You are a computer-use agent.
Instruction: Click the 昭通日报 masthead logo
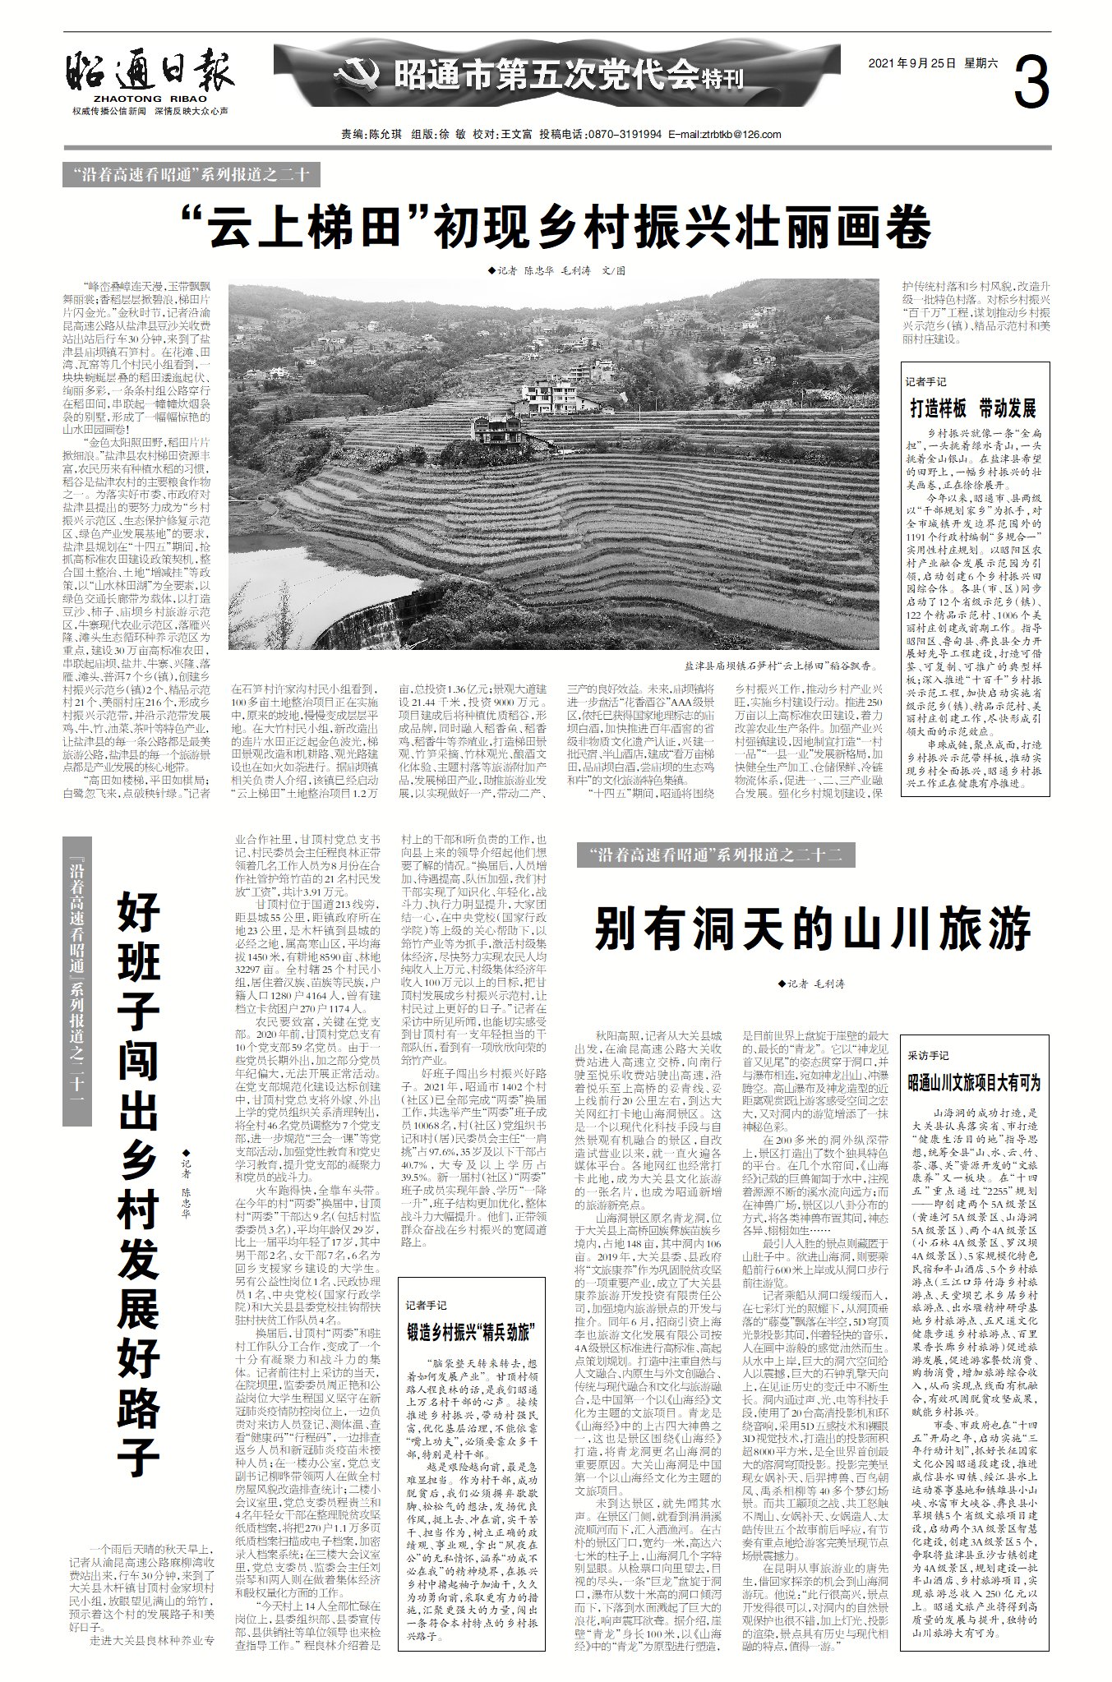click(150, 72)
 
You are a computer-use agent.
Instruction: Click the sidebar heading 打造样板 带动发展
click(972, 408)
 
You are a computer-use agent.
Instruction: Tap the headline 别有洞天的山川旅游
click(812, 929)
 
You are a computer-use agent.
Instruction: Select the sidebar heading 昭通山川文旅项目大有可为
click(974, 1081)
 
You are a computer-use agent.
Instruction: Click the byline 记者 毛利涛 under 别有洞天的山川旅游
click(811, 984)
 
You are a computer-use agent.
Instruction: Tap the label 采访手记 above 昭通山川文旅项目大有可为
click(928, 1055)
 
